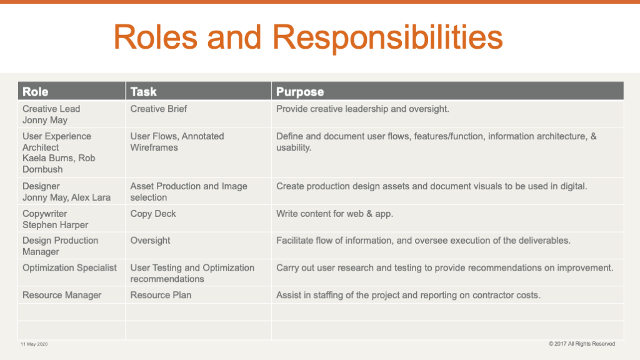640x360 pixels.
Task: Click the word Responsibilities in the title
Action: click(x=387, y=37)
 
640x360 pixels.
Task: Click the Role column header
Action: click(x=36, y=92)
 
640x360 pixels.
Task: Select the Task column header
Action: click(x=143, y=92)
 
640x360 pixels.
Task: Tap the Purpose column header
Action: click(x=300, y=92)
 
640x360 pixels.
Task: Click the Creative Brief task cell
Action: click(x=158, y=109)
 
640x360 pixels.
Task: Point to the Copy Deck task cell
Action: click(x=153, y=214)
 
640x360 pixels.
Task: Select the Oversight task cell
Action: click(x=150, y=241)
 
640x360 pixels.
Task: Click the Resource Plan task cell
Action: click(x=161, y=295)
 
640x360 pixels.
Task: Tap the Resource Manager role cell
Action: click(x=62, y=295)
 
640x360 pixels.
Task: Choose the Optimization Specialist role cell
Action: click(x=69, y=267)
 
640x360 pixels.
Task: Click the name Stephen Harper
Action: click(x=55, y=225)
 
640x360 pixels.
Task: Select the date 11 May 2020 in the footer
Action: click(x=34, y=344)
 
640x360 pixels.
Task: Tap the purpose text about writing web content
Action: click(x=335, y=214)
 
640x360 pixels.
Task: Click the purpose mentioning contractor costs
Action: click(x=408, y=295)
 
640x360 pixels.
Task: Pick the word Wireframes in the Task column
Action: click(x=154, y=147)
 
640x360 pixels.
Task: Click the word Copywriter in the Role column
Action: click(x=44, y=214)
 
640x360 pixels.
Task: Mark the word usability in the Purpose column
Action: click(x=294, y=147)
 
